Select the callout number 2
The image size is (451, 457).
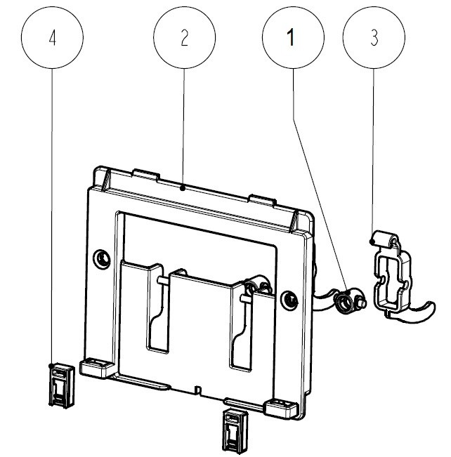tap(185, 39)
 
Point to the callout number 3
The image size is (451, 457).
tap(374, 39)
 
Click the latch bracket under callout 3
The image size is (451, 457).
tap(391, 278)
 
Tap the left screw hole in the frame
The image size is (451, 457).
tap(103, 258)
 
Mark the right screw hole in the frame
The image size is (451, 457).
tap(288, 300)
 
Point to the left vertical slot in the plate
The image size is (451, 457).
tap(156, 309)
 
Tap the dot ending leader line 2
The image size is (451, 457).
tap(183, 187)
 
